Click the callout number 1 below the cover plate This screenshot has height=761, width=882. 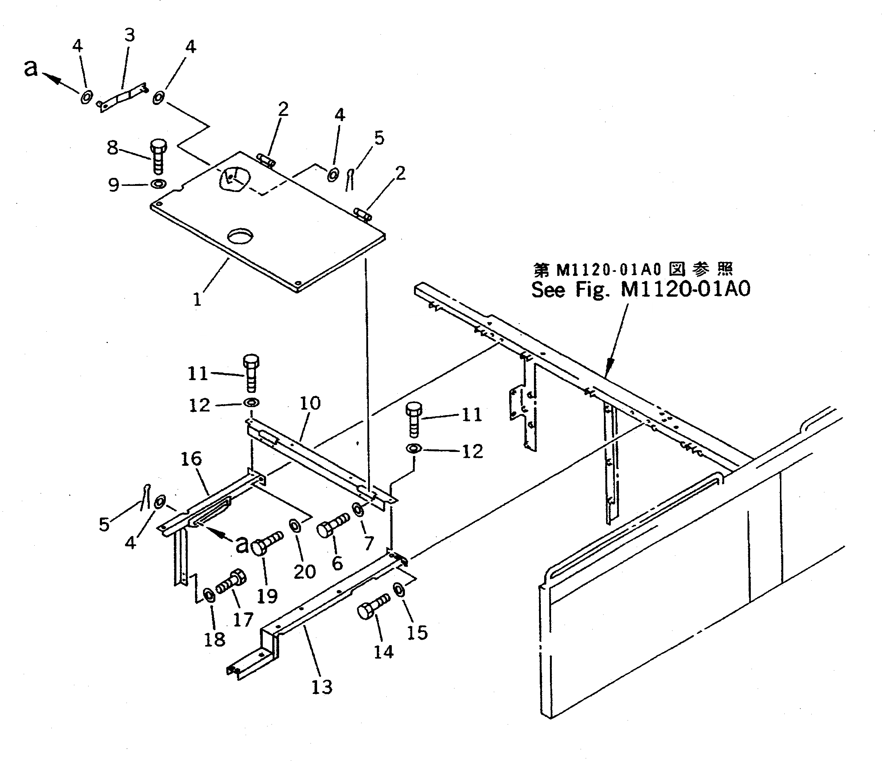coord(197,300)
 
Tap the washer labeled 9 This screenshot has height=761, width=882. coord(158,184)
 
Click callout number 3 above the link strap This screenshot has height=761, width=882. coord(129,35)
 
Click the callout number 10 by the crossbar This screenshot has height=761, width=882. coord(310,403)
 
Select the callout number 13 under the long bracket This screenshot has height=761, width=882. coord(321,687)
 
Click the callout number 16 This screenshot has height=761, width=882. coord(191,458)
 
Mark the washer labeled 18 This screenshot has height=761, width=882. coord(208,594)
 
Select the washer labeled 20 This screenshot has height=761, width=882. coord(294,525)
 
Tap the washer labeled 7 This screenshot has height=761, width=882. coord(358,509)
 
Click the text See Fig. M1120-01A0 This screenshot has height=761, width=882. coord(641,289)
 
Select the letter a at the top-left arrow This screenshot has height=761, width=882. coord(31,68)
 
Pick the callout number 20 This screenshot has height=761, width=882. coord(304,571)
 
